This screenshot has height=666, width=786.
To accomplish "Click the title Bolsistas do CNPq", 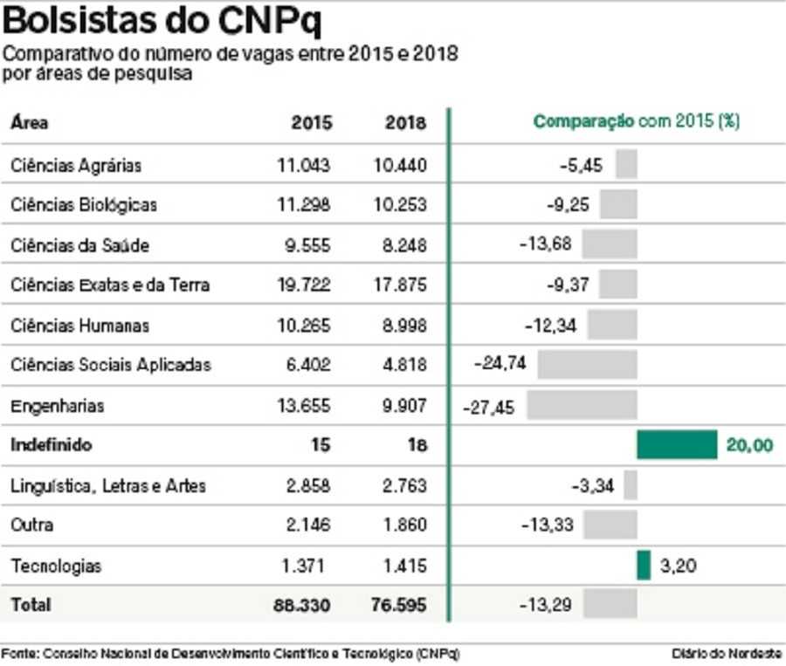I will [162, 21].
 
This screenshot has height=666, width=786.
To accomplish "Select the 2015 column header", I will [311, 123].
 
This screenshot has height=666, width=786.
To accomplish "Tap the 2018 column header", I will [405, 123].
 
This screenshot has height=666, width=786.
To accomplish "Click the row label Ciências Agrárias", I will [76, 165].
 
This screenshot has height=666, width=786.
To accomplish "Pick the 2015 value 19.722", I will [304, 285].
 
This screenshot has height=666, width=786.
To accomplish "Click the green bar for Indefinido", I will [677, 445].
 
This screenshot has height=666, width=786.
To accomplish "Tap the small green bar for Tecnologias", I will [644, 565].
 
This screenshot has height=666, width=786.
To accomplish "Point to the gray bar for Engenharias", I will [582, 405].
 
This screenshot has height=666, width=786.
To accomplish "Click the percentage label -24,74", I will [500, 364].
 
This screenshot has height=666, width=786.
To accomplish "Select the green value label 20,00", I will [749, 445].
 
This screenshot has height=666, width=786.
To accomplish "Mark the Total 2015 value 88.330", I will [301, 605].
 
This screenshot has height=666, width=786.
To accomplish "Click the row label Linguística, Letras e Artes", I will [108, 485].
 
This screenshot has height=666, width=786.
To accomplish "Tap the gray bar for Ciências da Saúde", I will [610, 244].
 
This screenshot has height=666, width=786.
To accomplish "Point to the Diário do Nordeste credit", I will [727, 653].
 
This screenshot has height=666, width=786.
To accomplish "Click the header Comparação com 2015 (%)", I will [637, 122].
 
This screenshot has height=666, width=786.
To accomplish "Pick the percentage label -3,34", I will [593, 485].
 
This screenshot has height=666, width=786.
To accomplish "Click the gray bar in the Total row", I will [610, 604].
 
